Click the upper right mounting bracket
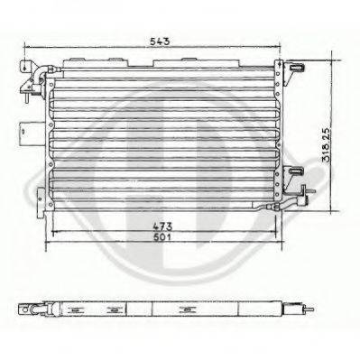coord(297,68)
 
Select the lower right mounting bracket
coord(299,174)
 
